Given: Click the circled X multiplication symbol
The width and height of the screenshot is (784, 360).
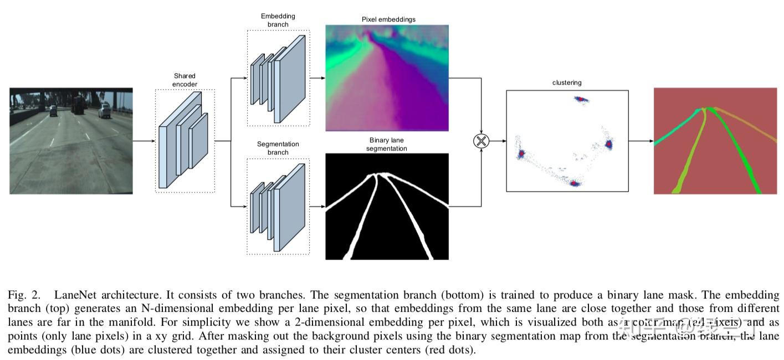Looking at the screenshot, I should pyautogui.click(x=481, y=141).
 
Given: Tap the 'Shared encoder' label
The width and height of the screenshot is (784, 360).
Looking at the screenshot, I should pyautogui.click(x=185, y=80).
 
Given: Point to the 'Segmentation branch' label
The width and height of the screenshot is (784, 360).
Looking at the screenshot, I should pyautogui.click(x=278, y=148).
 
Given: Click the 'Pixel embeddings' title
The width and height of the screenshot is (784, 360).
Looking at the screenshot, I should pyautogui.click(x=388, y=19).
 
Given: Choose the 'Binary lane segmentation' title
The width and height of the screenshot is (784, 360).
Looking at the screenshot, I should pyautogui.click(x=388, y=145).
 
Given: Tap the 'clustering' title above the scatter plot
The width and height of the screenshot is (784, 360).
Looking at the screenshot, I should pyautogui.click(x=567, y=83).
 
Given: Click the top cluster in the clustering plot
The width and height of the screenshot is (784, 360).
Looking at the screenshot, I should pyautogui.click(x=580, y=100).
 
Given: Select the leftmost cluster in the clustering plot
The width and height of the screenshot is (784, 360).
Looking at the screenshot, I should pyautogui.click(x=521, y=155).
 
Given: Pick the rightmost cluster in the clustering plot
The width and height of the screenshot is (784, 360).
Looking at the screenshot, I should pyautogui.click(x=608, y=145).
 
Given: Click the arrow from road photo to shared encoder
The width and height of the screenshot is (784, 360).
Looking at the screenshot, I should pyautogui.click(x=144, y=141).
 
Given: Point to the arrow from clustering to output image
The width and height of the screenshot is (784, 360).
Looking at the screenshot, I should pyautogui.click(x=641, y=141).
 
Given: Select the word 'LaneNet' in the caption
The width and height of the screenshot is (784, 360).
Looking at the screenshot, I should pyautogui.click(x=73, y=295).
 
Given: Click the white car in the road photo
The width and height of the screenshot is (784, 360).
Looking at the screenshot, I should pyautogui.click(x=104, y=111).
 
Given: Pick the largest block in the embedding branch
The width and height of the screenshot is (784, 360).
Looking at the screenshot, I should pyautogui.click(x=290, y=78).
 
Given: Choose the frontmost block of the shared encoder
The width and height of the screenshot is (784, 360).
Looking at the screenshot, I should pyautogui.click(x=167, y=156).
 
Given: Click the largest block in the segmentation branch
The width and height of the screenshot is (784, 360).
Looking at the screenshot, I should pyautogui.click(x=290, y=207).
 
